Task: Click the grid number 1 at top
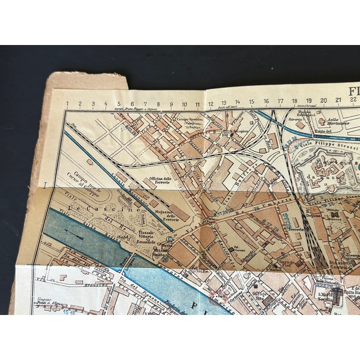coord(66,103)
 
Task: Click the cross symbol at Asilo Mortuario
coord(322,121)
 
